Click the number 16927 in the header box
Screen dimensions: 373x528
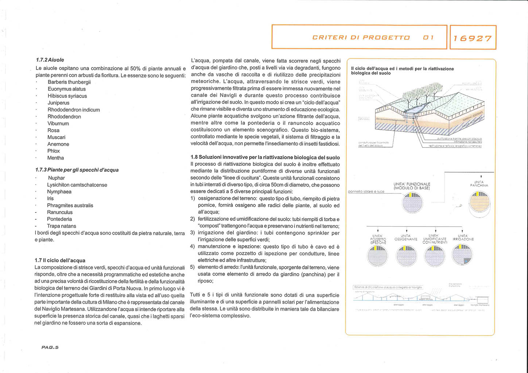pos(473,38)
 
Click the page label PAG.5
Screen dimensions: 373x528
pos(50,347)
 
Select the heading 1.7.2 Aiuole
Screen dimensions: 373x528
pos(50,60)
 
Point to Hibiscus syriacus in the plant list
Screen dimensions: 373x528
pos(67,96)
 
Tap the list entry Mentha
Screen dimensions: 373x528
pos(55,158)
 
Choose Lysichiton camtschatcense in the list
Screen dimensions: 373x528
pos(77,185)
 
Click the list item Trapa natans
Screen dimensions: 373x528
pos(61,226)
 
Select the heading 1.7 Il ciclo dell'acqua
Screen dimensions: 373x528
pos(60,260)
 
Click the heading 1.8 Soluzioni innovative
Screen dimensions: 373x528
pos(265,157)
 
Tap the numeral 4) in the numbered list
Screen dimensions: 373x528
pos(193,247)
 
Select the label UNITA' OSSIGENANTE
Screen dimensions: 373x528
pos(405,237)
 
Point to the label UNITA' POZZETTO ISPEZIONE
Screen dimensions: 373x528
pos(378,239)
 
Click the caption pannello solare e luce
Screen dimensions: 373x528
pos(366,191)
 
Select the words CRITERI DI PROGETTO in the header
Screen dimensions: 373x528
pos(361,38)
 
